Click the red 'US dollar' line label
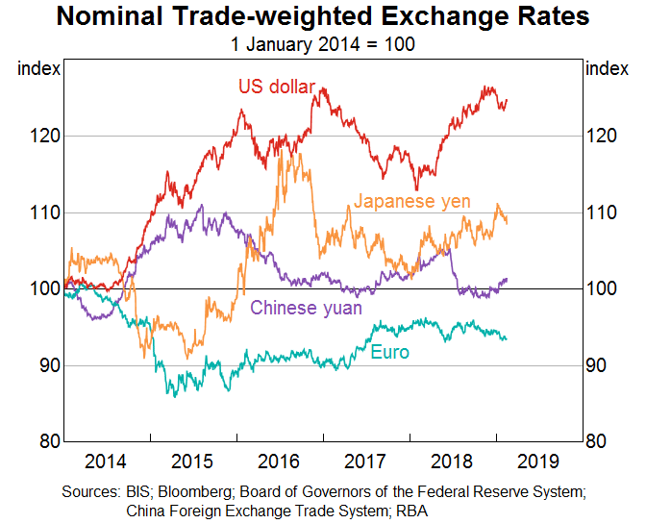coord(276,87)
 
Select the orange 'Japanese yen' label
coord(412,201)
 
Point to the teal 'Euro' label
coord(389,353)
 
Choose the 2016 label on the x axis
coord(280,460)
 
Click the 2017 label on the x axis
coord(366,460)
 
